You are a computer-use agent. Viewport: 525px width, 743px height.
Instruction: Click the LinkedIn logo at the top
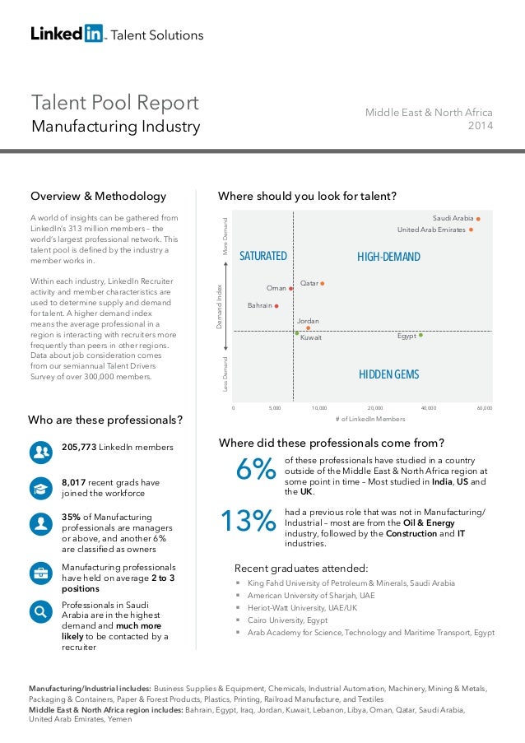(x=67, y=34)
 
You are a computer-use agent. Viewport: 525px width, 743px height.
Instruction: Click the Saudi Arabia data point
(x=478, y=219)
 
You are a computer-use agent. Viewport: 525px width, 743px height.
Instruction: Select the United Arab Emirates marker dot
(x=471, y=230)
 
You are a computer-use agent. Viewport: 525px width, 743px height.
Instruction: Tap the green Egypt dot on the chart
(x=420, y=336)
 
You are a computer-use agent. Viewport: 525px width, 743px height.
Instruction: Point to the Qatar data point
(x=323, y=284)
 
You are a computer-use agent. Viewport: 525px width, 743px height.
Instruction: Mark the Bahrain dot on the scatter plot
(x=276, y=306)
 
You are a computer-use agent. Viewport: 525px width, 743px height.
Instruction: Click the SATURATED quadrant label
(x=262, y=257)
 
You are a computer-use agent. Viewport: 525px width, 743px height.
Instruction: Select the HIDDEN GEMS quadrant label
(x=389, y=374)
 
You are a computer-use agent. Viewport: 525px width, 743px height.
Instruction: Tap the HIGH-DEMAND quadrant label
(x=388, y=258)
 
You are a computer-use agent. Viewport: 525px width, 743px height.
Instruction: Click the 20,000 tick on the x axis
(x=374, y=407)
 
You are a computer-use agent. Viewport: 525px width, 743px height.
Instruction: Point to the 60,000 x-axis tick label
(x=484, y=407)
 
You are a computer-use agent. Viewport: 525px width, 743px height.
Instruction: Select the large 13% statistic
(x=248, y=521)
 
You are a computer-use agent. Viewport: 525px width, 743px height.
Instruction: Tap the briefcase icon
(x=39, y=573)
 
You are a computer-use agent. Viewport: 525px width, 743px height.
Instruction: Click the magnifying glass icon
(x=39, y=611)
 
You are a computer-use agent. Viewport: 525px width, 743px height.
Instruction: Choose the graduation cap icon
(x=39, y=487)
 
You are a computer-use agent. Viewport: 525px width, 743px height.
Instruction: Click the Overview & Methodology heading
(x=98, y=197)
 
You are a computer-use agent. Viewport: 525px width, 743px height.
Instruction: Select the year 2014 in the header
(x=480, y=126)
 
